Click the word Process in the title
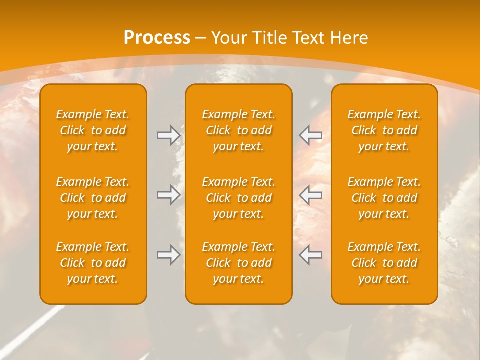[157, 38]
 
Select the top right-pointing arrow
[168, 135]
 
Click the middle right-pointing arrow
[168, 195]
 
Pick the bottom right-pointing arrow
[168, 255]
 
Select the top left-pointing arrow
[311, 135]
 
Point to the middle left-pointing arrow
[311, 195]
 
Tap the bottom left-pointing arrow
[311, 255]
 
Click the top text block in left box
[93, 130]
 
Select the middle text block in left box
[93, 198]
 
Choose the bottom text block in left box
[93, 263]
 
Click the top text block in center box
[239, 130]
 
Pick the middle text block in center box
[239, 198]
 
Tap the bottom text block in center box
[239, 263]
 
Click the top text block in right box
[384, 130]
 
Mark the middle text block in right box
[384, 198]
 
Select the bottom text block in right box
[384, 263]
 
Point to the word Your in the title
[228, 38]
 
